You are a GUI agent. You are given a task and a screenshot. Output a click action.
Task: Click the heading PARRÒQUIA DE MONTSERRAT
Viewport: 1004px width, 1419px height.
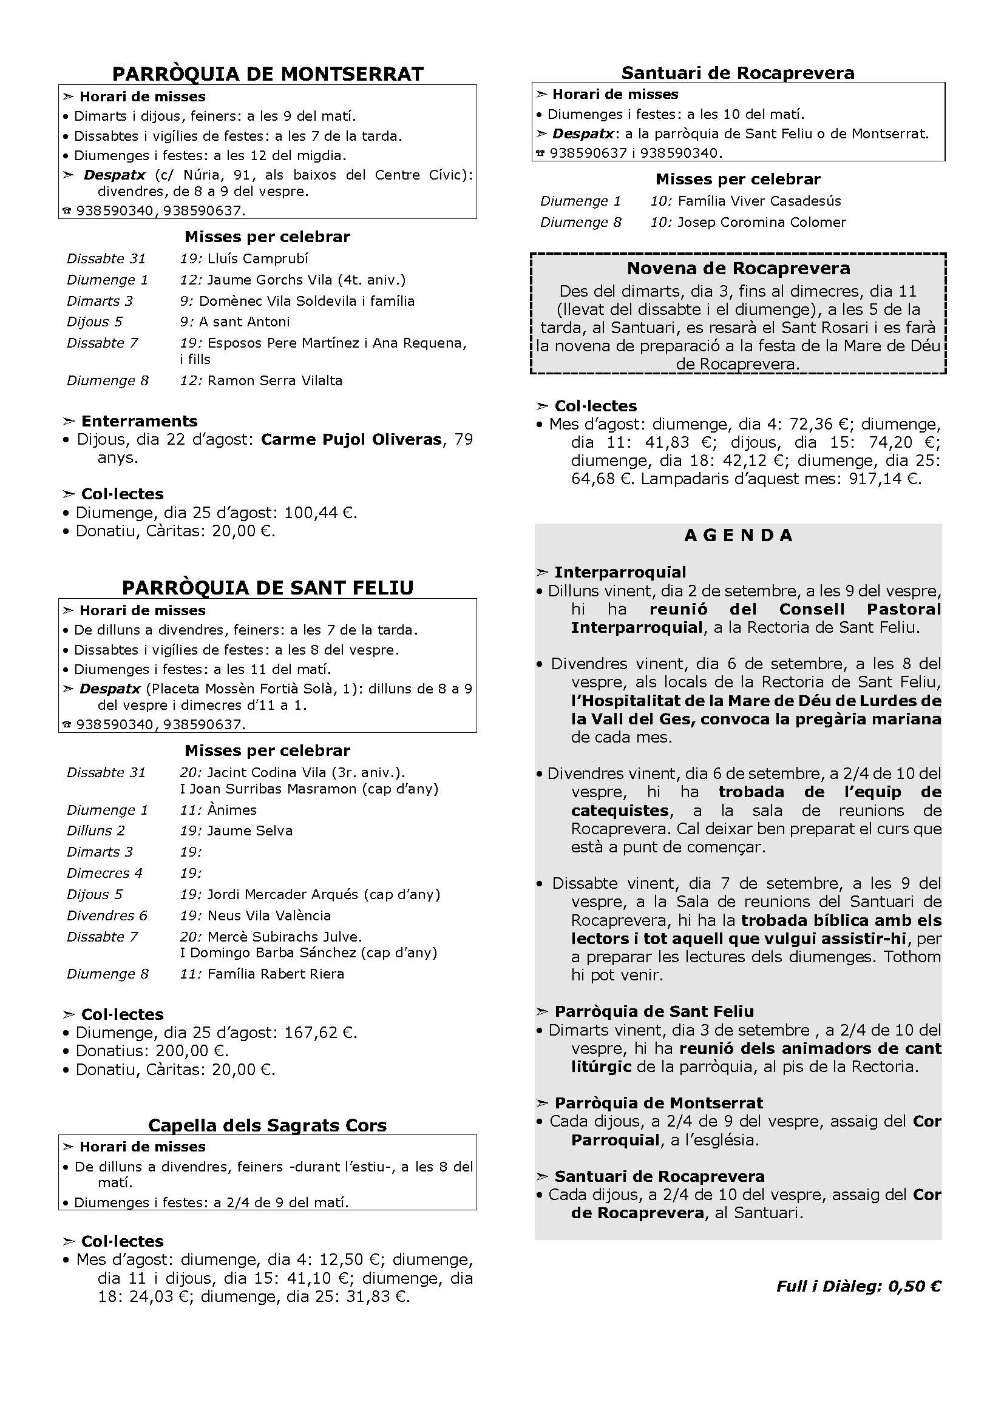click(x=268, y=74)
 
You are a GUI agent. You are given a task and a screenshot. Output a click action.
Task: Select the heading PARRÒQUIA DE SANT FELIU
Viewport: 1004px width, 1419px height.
click(x=268, y=587)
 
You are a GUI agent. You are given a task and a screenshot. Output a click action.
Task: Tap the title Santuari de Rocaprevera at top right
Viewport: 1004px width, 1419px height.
click(x=738, y=73)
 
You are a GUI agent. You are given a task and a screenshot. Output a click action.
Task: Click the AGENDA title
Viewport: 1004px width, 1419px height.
click(x=738, y=535)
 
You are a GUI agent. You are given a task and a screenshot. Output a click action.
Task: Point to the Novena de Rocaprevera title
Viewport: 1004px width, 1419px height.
click(x=738, y=268)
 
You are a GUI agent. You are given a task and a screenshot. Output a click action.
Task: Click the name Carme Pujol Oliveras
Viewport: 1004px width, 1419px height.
click(x=351, y=439)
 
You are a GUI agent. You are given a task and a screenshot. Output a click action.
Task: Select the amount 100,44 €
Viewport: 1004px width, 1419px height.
click(x=320, y=513)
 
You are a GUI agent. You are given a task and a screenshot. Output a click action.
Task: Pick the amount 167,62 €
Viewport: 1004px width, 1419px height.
click(x=320, y=1032)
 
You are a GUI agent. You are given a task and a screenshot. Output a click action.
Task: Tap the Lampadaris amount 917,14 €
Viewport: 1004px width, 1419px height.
click(x=880, y=478)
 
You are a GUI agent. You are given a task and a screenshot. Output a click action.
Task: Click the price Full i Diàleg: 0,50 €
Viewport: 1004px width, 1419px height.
click(x=859, y=1286)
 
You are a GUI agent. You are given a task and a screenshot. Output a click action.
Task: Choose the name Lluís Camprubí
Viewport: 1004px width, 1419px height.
click(x=258, y=258)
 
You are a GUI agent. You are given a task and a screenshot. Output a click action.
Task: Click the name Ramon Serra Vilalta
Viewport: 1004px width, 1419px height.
click(x=274, y=381)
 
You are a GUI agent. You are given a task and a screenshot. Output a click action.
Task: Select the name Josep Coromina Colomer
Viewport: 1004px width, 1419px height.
click(x=762, y=222)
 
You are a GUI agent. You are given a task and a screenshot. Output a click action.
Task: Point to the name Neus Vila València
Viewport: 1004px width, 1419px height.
click(x=269, y=915)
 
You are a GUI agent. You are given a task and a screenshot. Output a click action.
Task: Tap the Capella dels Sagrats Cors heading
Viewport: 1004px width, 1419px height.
click(x=268, y=1125)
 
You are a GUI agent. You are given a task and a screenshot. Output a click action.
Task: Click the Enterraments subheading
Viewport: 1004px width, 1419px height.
click(x=139, y=421)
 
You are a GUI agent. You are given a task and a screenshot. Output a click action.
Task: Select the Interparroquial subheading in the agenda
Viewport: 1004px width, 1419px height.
click(x=620, y=572)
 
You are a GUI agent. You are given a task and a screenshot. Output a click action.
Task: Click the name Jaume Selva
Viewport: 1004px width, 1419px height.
click(x=249, y=831)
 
